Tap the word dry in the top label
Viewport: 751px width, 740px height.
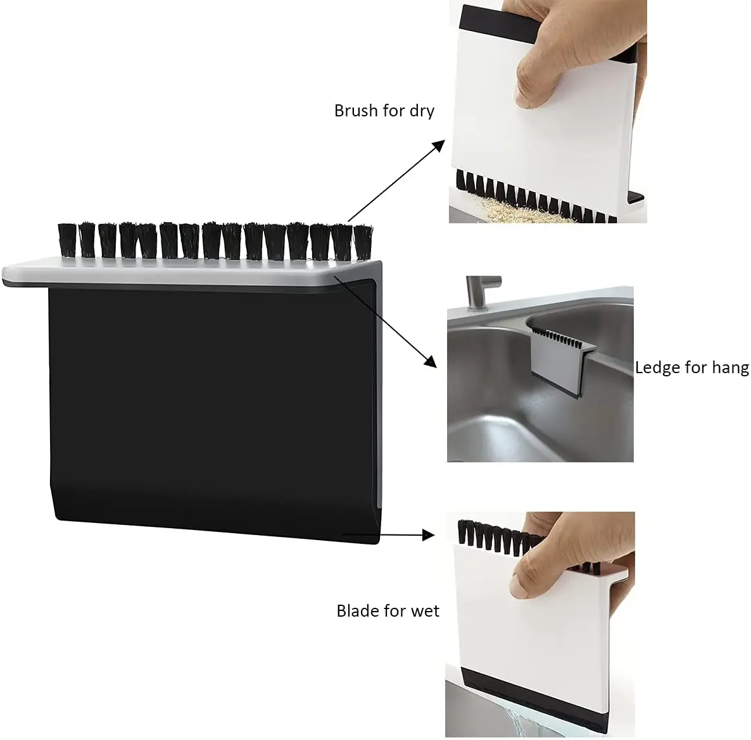(420, 112)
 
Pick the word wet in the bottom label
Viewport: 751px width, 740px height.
(424, 611)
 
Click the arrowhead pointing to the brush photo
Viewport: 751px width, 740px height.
(435, 146)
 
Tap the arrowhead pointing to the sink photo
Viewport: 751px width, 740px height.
(431, 361)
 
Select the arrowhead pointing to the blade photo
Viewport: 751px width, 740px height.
(429, 535)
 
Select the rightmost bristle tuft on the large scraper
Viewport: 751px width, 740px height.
(362, 242)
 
